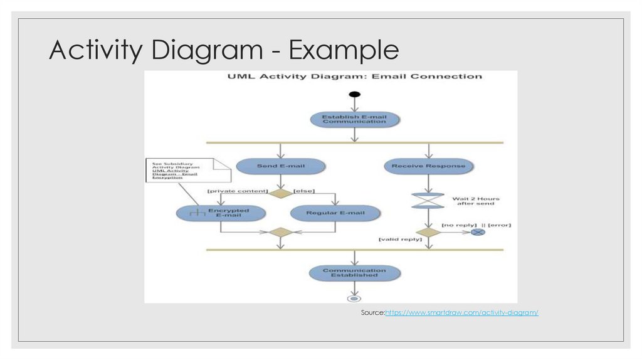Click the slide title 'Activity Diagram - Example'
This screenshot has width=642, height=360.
tap(224, 50)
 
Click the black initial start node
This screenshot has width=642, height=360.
tap(355, 95)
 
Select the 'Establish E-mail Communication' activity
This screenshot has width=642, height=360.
tap(355, 119)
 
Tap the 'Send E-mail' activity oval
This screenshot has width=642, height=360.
tap(280, 166)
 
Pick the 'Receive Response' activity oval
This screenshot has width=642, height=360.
tap(429, 166)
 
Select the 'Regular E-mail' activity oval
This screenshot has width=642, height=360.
tap(335, 213)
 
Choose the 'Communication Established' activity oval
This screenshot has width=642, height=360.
tap(355, 273)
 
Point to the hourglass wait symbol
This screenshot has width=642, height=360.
tap(429, 200)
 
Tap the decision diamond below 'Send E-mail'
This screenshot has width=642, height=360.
tap(280, 193)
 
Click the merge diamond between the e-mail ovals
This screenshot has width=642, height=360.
tap(280, 232)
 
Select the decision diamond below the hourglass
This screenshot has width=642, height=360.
tap(429, 232)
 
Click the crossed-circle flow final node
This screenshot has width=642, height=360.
tap(478, 232)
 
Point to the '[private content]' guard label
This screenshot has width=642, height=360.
tap(238, 191)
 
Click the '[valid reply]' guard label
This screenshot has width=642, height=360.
tap(399, 240)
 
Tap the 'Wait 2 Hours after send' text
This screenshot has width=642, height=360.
tap(476, 201)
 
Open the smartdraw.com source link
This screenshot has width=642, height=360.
tap(461, 312)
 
